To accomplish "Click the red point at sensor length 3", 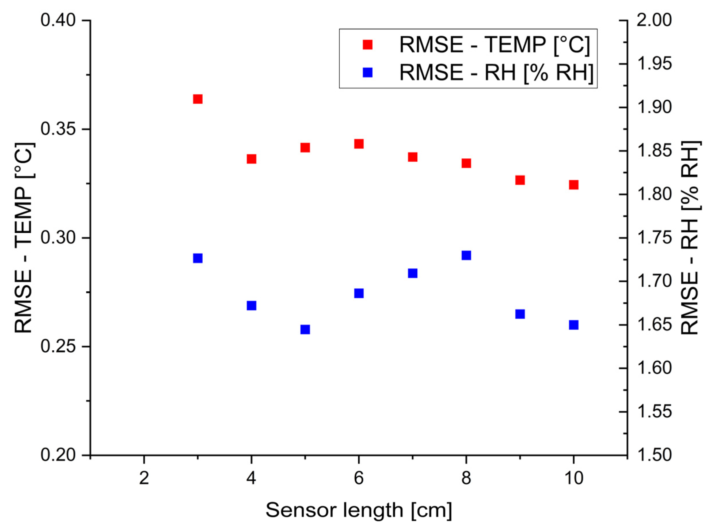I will point(198,99).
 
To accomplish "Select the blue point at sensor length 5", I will point(305,330).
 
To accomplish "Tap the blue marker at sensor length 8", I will point(466,255).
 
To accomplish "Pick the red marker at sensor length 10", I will point(574,185).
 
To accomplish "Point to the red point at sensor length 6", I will point(359,144).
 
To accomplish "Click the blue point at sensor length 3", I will point(198,258).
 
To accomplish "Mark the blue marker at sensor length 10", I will point(574,325).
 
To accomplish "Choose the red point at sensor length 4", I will point(251,159).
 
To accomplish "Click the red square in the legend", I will point(367,45).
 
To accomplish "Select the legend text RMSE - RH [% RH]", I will point(496,72).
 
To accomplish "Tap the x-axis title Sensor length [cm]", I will point(359,510).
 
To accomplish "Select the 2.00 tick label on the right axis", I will point(654,20).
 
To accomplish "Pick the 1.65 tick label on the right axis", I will point(654,325).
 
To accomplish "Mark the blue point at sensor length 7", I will point(412,273).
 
